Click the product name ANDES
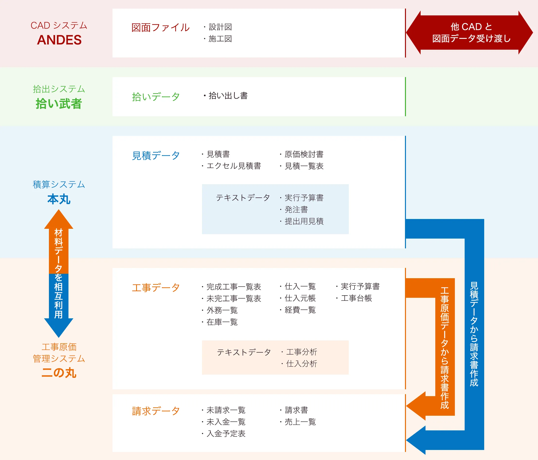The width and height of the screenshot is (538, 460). (x=59, y=40)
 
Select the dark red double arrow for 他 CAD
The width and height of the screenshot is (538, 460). (x=470, y=33)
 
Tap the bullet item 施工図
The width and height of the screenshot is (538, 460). (x=220, y=39)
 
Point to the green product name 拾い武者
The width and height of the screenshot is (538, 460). (x=59, y=104)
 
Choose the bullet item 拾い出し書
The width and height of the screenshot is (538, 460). (x=228, y=96)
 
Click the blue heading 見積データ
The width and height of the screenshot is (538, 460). (x=156, y=156)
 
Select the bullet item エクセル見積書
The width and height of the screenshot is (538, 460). (x=234, y=166)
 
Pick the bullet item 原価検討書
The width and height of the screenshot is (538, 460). (x=304, y=154)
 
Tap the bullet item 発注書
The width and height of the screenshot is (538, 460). (x=296, y=210)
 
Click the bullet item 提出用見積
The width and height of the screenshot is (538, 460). (x=304, y=221)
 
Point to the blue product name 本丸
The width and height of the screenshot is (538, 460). (x=59, y=199)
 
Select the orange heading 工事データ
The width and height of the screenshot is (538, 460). (x=156, y=287)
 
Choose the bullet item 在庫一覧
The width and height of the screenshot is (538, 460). (x=222, y=322)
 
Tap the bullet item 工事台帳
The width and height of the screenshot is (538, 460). (x=356, y=298)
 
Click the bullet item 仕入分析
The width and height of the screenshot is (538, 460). (x=301, y=364)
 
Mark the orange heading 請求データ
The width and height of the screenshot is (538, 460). (x=156, y=411)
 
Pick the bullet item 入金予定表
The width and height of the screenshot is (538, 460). (x=226, y=434)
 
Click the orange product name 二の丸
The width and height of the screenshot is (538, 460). (x=59, y=373)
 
